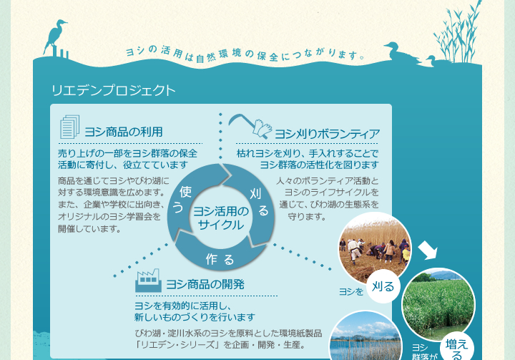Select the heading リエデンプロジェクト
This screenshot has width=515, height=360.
click(x=113, y=91)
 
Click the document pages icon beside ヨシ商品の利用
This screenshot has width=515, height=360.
click(x=69, y=127)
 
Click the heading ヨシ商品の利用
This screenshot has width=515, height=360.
click(x=124, y=132)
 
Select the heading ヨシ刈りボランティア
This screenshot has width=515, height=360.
click(x=327, y=134)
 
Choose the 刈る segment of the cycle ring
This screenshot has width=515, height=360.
click(x=259, y=202)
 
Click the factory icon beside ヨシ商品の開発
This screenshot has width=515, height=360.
click(x=148, y=281)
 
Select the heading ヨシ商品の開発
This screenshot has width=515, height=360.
click(x=205, y=284)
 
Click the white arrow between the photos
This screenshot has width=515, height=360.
click(x=428, y=250)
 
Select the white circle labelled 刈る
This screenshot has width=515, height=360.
click(x=383, y=287)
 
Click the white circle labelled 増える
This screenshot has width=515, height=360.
click(x=457, y=348)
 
